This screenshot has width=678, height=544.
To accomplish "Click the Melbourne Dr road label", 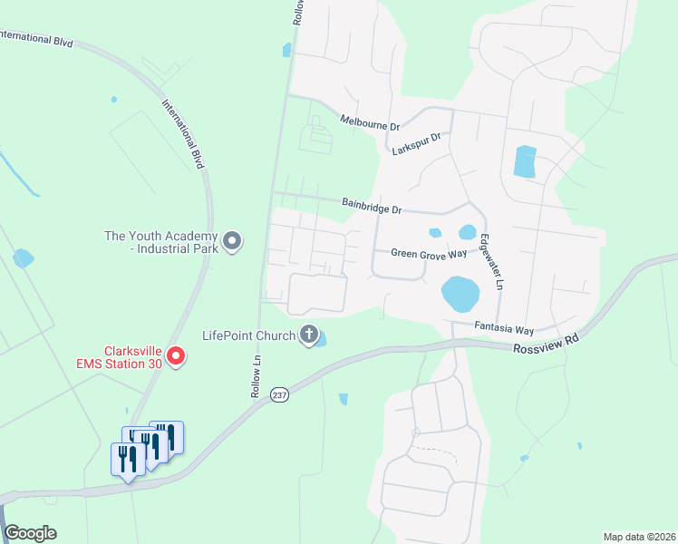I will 370,122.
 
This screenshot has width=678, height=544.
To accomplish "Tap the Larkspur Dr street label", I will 416,143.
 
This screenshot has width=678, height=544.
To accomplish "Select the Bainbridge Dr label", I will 372,207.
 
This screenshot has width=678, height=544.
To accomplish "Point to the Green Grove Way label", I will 429,254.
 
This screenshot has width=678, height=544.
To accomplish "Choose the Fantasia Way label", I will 504,330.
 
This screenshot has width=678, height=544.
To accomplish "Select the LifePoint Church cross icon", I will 309,335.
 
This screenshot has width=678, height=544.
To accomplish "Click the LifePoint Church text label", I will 249,335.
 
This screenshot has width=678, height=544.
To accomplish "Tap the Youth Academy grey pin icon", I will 232,241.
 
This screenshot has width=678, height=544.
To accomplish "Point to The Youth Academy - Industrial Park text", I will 161,241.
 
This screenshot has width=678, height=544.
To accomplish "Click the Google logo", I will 30,533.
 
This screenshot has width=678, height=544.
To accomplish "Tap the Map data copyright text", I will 638,537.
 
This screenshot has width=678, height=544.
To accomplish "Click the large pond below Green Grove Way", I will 460,293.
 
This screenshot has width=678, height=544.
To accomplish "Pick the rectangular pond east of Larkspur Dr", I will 525,161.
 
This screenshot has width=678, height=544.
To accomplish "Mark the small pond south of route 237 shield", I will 344,398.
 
